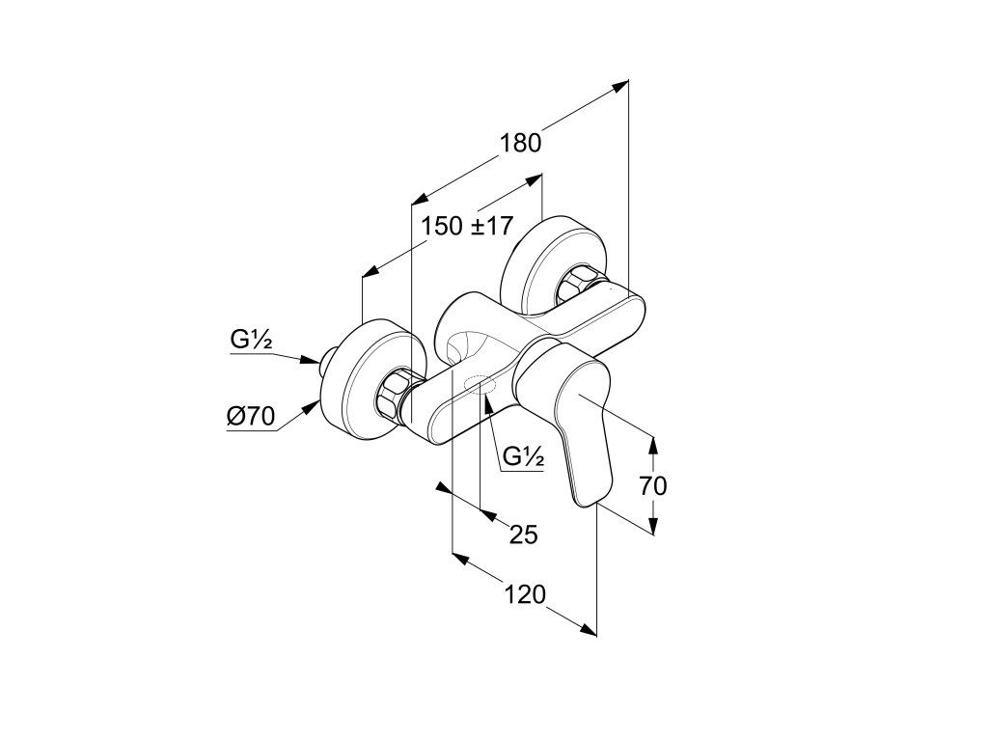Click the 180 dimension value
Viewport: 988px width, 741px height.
click(520, 144)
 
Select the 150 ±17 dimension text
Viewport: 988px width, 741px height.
click(467, 226)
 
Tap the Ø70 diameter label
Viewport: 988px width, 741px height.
click(251, 417)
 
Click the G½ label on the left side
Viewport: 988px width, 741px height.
click(251, 341)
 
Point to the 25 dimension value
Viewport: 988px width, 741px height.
click(524, 535)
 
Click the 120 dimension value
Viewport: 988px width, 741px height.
click(524, 594)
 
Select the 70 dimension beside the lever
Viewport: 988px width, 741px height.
click(653, 486)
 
